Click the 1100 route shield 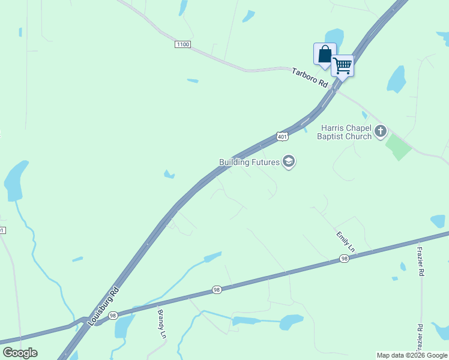click(x=183, y=44)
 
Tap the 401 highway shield click(x=282, y=136)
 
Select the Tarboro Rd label click(x=310, y=79)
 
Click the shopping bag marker click(x=325, y=54)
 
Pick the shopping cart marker click(x=342, y=65)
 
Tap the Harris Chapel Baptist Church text click(x=346, y=132)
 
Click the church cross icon click(x=380, y=131)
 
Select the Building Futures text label click(x=250, y=162)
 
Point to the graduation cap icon click(x=289, y=162)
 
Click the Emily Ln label click(x=346, y=241)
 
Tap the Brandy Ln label click(x=161, y=324)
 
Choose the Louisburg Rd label click(x=104, y=306)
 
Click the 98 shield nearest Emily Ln click(x=344, y=259)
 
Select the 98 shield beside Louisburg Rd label click(x=113, y=315)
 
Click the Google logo click(x=20, y=353)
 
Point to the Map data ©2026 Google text click(x=412, y=355)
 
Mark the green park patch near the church click(x=398, y=146)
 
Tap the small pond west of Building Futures click(x=169, y=175)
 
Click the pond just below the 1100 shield click(x=193, y=80)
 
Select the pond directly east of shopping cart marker click(x=396, y=79)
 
